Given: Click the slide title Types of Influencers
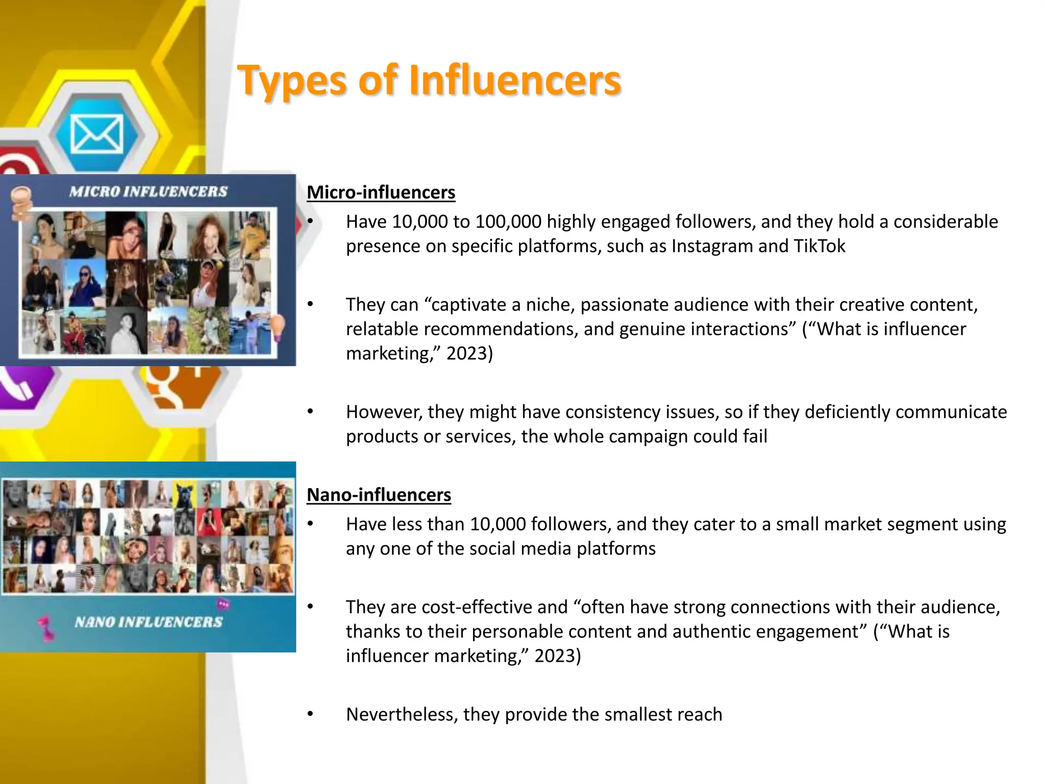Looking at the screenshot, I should pyautogui.click(x=429, y=81).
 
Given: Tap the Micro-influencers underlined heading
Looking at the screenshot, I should pyautogui.click(x=381, y=192).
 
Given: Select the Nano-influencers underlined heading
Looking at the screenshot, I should pyautogui.click(x=379, y=495).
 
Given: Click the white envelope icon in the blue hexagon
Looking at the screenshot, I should pyautogui.click(x=96, y=134).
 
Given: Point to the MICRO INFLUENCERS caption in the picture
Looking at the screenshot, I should pyautogui.click(x=148, y=191).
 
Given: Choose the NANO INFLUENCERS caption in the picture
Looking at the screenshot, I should pyautogui.click(x=148, y=622).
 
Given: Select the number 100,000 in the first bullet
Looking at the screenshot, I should pyautogui.click(x=507, y=222).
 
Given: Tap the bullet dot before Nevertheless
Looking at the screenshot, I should pyautogui.click(x=310, y=714).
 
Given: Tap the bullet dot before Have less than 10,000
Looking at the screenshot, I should pyautogui.click(x=310, y=524).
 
